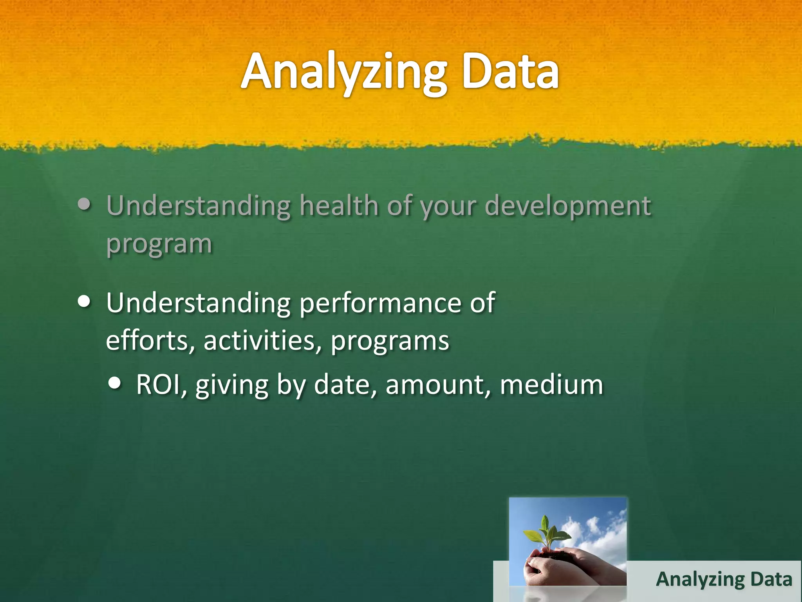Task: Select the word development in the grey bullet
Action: (x=568, y=206)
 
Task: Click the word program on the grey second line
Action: (x=159, y=244)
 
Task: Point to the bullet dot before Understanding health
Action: (x=85, y=204)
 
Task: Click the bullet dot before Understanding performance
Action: (x=85, y=302)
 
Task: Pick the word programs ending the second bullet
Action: (x=390, y=341)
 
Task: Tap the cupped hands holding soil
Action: (x=564, y=566)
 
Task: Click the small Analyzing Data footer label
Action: (x=724, y=579)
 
